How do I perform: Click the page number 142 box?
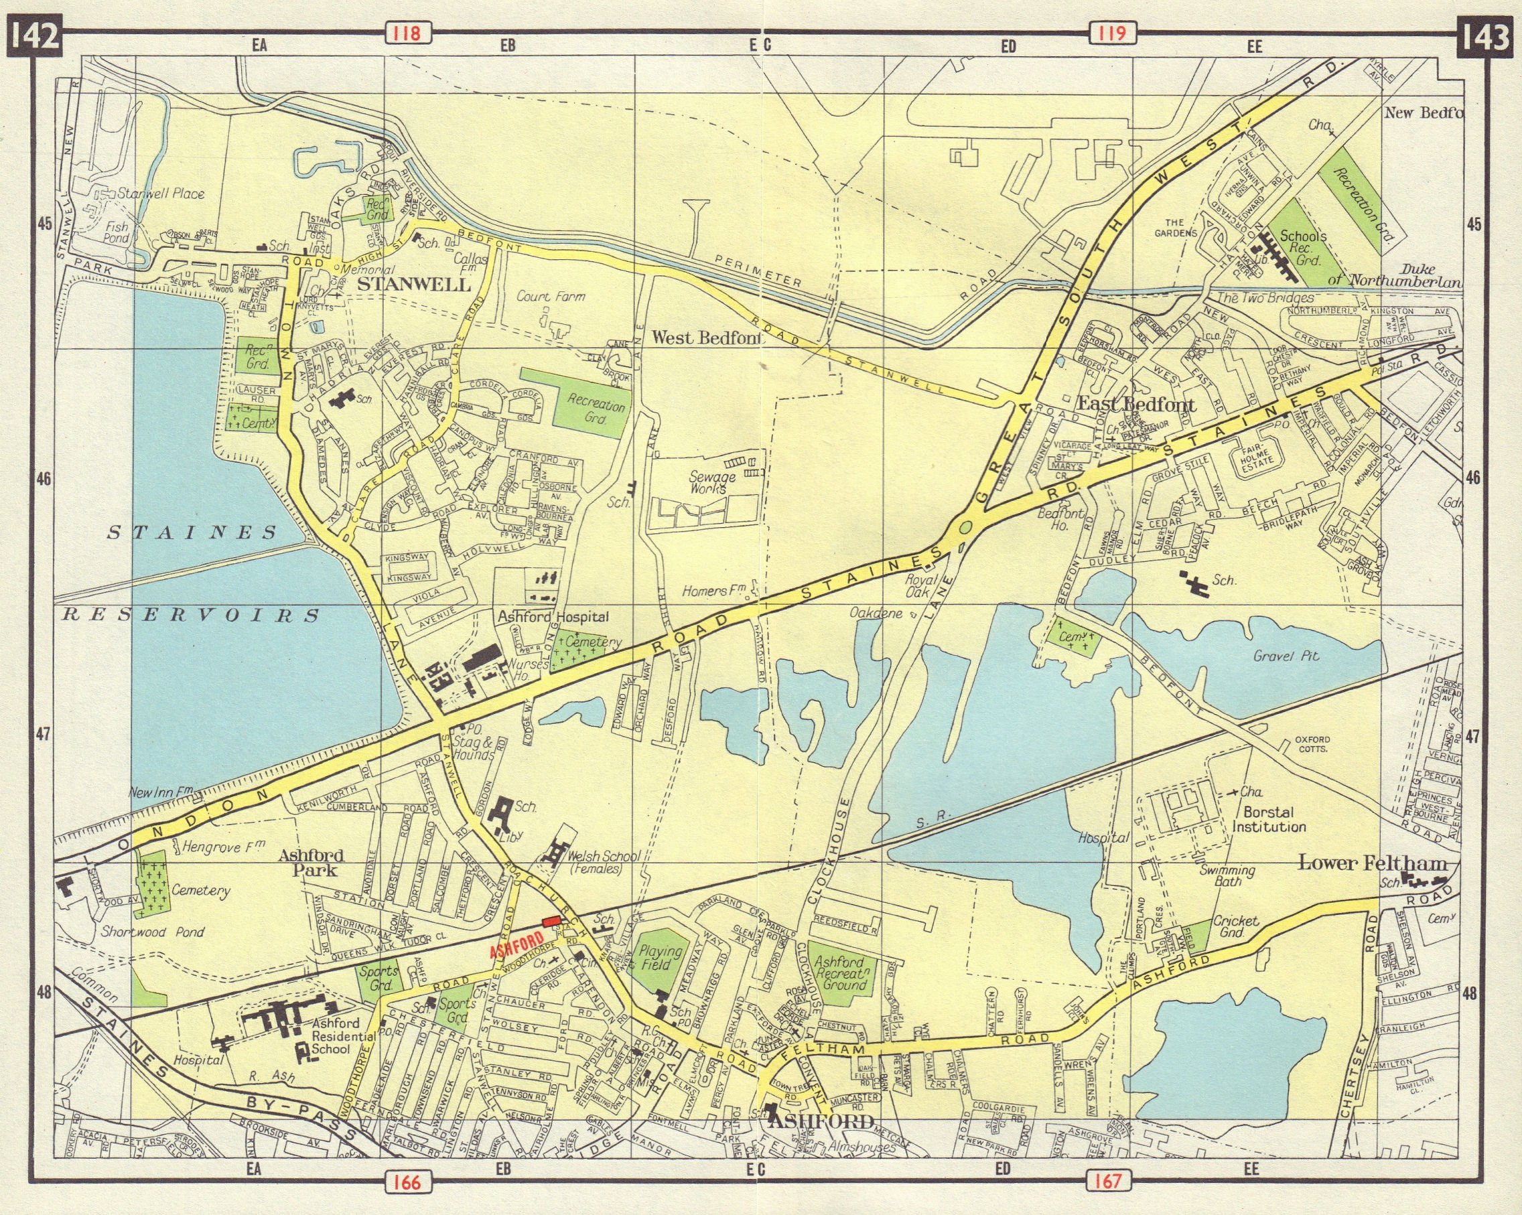[34, 36]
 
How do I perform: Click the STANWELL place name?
[415, 285]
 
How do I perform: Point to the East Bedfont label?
[1136, 405]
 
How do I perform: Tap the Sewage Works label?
[712, 483]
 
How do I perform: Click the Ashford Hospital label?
[553, 617]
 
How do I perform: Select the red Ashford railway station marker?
[550, 920]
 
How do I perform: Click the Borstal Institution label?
[1268, 820]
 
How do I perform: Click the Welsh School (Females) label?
[595, 863]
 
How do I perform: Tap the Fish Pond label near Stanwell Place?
[117, 232]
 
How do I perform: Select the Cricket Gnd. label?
[1235, 927]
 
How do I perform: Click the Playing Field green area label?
[659, 958]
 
